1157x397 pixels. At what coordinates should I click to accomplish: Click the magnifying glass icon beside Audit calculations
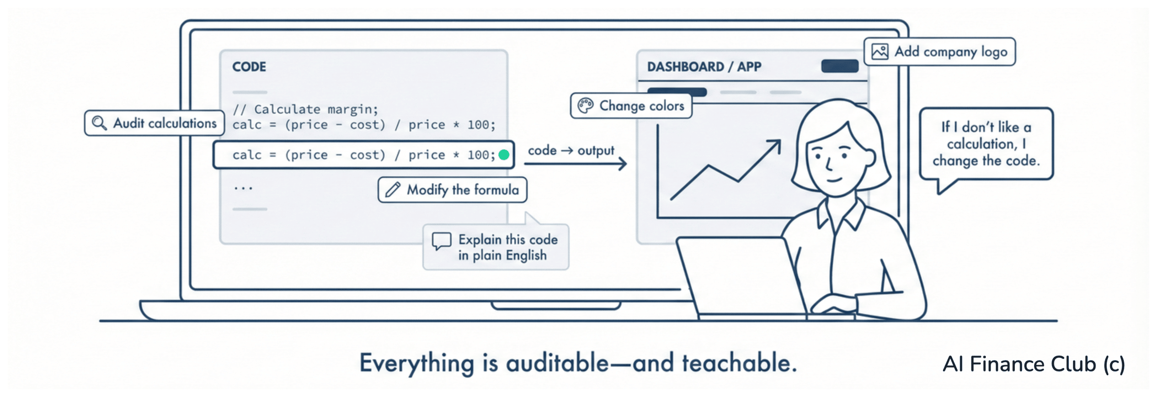click(99, 123)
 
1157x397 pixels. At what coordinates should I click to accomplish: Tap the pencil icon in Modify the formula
click(393, 190)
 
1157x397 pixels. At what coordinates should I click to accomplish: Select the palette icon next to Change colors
click(586, 106)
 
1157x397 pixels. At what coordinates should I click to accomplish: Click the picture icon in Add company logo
click(880, 52)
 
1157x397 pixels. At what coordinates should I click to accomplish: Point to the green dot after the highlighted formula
click(504, 155)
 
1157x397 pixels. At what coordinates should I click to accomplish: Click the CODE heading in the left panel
click(249, 67)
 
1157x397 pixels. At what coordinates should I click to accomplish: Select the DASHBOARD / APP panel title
click(704, 67)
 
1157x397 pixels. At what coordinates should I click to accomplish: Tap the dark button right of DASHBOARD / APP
click(840, 66)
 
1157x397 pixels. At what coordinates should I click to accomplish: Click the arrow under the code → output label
click(576, 164)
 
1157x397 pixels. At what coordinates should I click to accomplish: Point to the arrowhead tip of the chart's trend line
click(780, 140)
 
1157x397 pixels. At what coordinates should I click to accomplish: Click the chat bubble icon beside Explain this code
click(442, 241)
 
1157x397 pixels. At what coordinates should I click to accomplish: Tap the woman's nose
click(829, 164)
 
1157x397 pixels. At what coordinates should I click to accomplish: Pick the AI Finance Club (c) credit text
click(1034, 364)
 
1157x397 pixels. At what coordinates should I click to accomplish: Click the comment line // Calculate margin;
click(306, 110)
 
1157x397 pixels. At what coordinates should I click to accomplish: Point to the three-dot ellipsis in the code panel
click(243, 188)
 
